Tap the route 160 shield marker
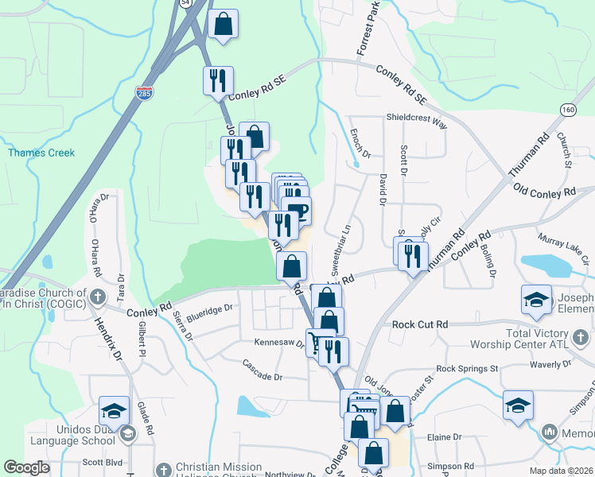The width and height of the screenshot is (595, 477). pyautogui.click(x=567, y=110)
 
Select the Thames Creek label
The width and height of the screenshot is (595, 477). pyautogui.click(x=41, y=153)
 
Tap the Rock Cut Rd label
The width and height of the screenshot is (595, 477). pyautogui.click(x=421, y=324)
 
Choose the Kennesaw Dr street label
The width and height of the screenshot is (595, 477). pyautogui.click(x=279, y=343)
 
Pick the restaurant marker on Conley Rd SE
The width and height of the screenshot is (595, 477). pyautogui.click(x=217, y=80)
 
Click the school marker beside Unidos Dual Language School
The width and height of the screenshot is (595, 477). pyautogui.click(x=115, y=412)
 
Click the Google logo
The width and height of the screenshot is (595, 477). pyautogui.click(x=26, y=467)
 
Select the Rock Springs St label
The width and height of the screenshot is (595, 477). pyautogui.click(x=467, y=369)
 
